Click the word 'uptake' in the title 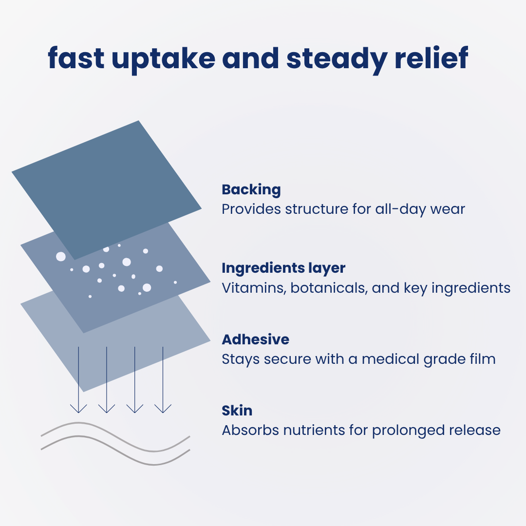coord(163,60)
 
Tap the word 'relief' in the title coord(432,58)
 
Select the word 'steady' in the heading coord(337,60)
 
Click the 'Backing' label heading coord(251,190)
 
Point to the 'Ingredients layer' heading coord(283,268)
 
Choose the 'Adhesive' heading coord(256,339)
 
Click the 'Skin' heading coord(237,411)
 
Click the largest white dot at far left coord(61,257)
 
